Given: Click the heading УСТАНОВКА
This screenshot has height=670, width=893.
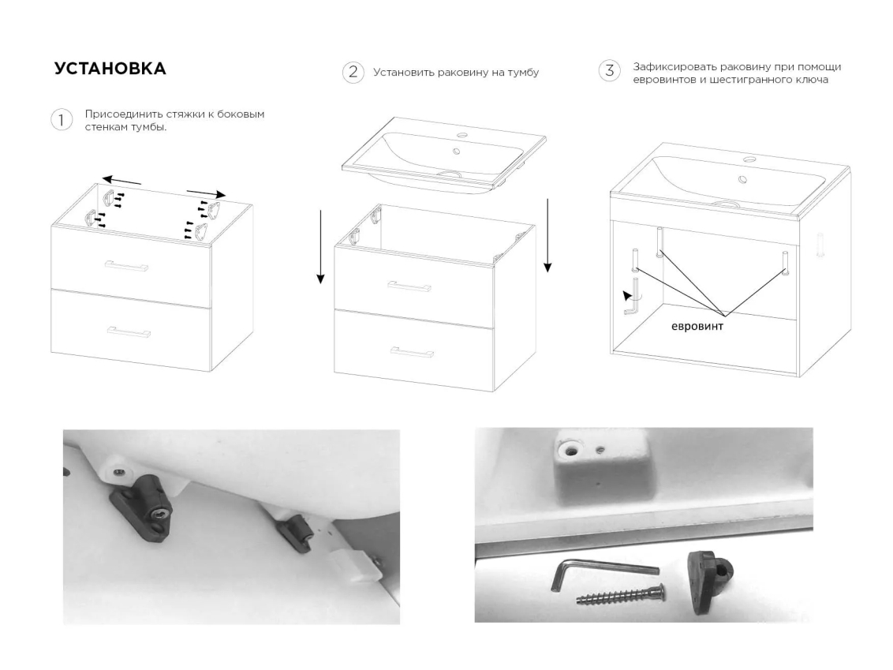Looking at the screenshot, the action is [x=110, y=69].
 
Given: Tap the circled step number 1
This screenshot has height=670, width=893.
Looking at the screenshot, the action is [x=62, y=120].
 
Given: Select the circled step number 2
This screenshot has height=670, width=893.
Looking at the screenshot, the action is [x=353, y=73].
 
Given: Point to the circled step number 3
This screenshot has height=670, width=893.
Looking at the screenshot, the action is [x=609, y=71].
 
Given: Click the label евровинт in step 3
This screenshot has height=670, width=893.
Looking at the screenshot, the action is [x=697, y=327].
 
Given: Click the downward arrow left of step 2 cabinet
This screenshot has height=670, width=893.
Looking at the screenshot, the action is [x=320, y=247].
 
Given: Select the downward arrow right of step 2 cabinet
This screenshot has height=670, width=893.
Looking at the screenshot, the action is [x=547, y=235].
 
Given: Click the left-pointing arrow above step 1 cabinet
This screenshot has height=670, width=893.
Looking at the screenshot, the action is [x=121, y=181].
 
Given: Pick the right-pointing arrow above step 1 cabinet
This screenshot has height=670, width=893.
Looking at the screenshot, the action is [x=206, y=193].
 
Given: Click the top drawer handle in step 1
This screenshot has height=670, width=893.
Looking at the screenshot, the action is [x=127, y=265].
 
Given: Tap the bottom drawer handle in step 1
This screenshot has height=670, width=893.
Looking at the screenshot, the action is [x=129, y=331].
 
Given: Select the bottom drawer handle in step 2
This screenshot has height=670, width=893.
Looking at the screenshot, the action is [x=412, y=351].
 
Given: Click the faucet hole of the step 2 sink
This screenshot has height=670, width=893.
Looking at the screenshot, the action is [x=461, y=137].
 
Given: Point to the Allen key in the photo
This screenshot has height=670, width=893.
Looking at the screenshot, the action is [x=603, y=572].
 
